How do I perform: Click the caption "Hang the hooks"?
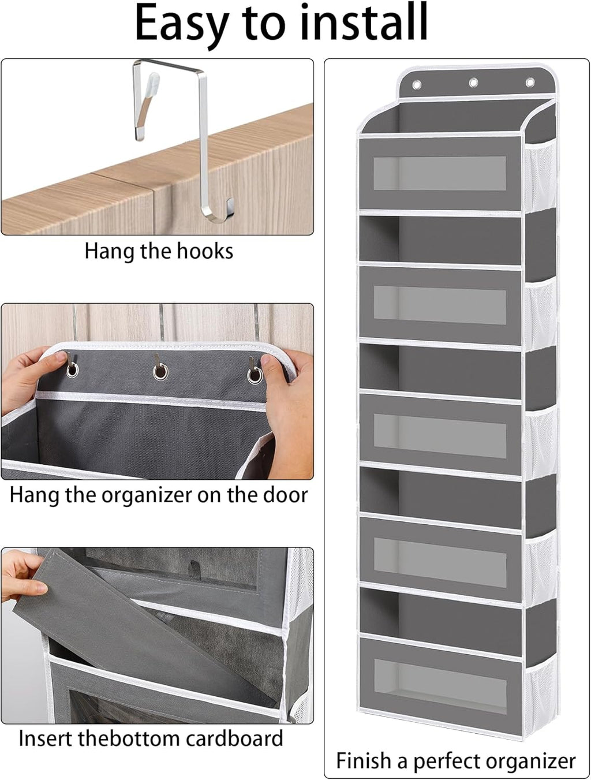(159, 251)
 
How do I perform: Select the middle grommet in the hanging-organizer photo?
(160, 371)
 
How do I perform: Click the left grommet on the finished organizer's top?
(417, 85)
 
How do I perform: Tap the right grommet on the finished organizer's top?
(530, 83)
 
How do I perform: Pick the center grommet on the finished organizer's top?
(473, 83)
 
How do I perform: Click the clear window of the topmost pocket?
(439, 173)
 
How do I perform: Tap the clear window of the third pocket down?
(439, 432)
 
